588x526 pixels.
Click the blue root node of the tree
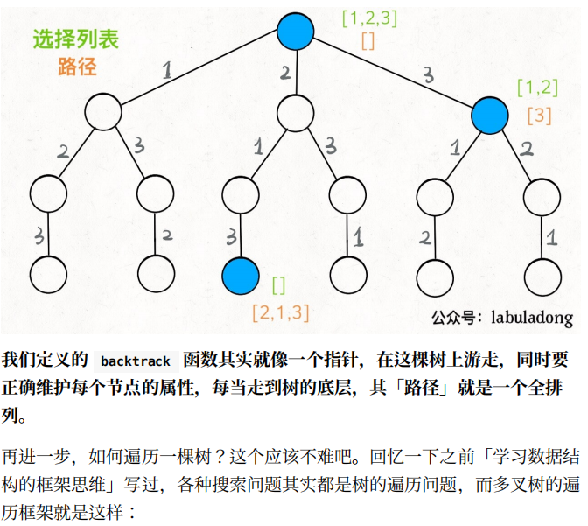point(295,32)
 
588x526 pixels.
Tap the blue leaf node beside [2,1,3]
point(241,276)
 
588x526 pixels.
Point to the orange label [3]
point(539,115)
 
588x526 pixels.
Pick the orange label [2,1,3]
point(280,311)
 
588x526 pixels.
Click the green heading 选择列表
point(75,39)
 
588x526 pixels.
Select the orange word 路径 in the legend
point(77,66)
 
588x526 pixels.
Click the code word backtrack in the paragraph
point(135,361)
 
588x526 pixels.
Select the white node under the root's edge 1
point(103,111)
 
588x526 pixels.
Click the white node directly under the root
point(295,111)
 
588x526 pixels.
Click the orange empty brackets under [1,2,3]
point(367,40)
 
